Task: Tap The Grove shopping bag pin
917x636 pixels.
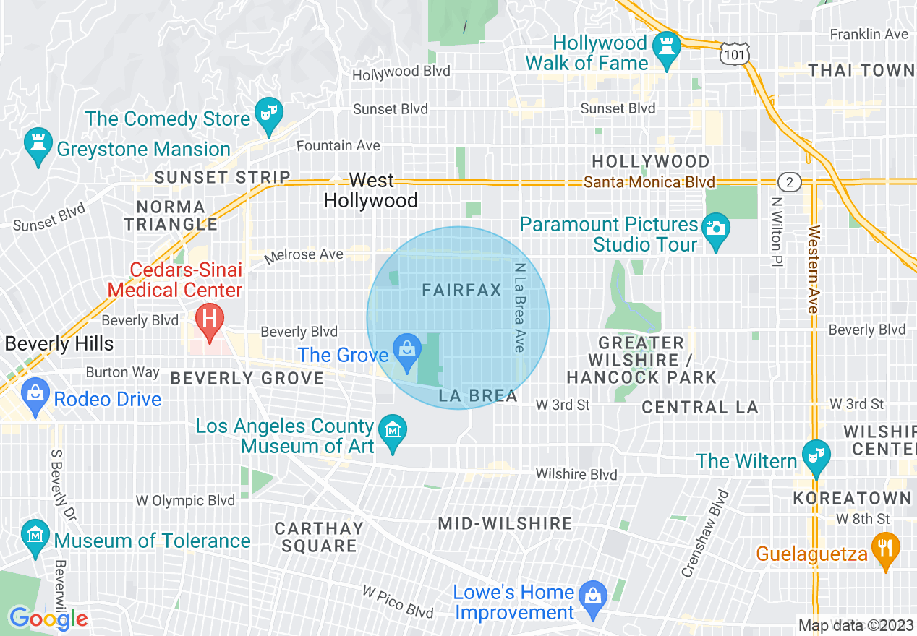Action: click(407, 351)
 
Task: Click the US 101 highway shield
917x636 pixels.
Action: click(734, 53)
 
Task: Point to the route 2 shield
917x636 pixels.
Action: click(790, 181)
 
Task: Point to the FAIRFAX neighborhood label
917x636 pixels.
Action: click(461, 291)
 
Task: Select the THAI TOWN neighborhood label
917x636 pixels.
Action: click(861, 70)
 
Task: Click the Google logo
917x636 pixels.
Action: click(48, 619)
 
